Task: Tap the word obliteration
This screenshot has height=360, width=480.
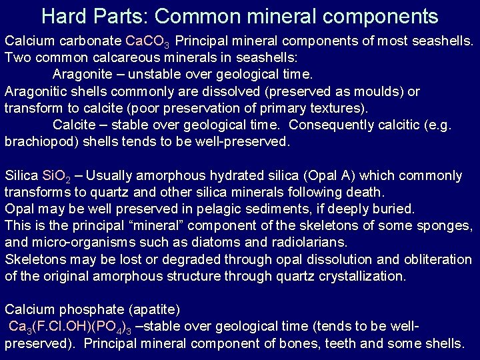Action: [437, 259]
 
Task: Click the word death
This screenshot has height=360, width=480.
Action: [367, 193]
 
